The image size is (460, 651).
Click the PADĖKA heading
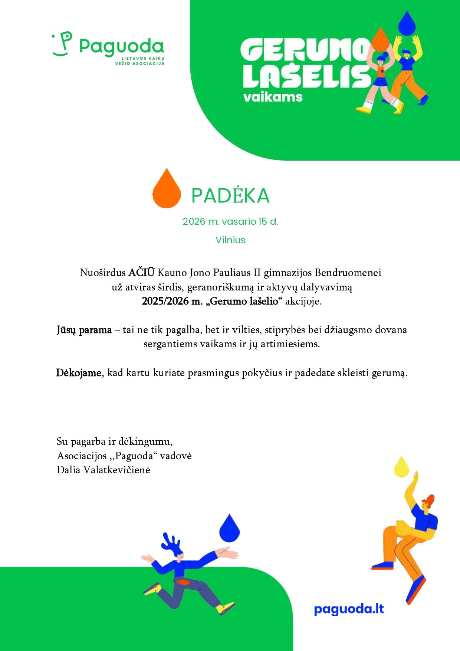click(230, 195)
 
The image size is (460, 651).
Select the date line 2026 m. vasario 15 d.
click(230, 221)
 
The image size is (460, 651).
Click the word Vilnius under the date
click(230, 240)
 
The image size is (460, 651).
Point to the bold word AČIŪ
click(141, 273)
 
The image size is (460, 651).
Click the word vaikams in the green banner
click(273, 97)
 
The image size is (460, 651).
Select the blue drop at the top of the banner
click(407, 23)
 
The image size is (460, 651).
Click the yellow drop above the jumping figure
click(401, 467)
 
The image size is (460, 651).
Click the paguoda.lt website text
click(349, 609)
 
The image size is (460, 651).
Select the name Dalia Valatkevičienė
click(103, 470)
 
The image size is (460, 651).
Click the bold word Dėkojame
click(78, 373)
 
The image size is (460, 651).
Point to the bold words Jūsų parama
click(84, 330)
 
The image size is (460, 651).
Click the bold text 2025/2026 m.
click(172, 301)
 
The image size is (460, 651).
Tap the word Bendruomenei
click(348, 273)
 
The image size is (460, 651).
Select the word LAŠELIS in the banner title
click(306, 77)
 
